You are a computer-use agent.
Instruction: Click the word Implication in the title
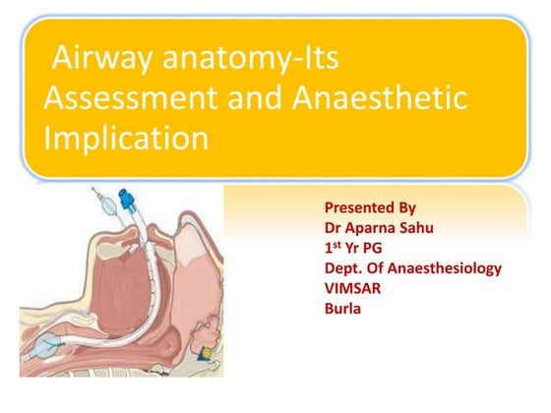[125, 137]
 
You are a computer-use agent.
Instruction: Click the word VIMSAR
[352, 287]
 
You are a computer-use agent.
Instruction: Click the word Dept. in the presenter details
[341, 267]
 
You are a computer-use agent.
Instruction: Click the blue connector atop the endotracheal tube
[127, 206]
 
